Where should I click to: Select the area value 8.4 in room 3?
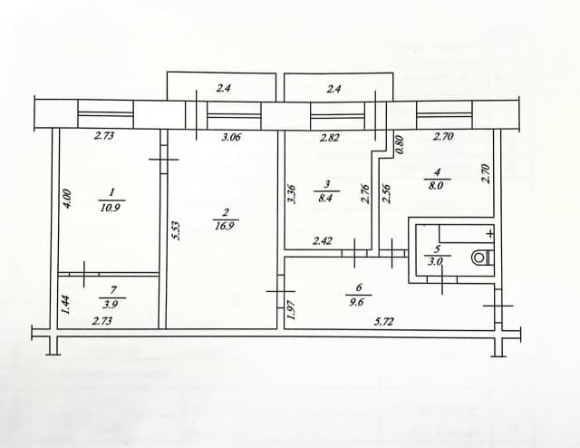pyautogui.click(x=326, y=200)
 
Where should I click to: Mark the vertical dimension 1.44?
pyautogui.click(x=64, y=304)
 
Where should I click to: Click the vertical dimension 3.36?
pyautogui.click(x=291, y=195)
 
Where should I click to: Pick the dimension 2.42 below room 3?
pyautogui.click(x=323, y=241)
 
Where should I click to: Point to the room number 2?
pyautogui.click(x=224, y=212)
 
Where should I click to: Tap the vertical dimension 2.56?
pyautogui.click(x=386, y=193)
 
